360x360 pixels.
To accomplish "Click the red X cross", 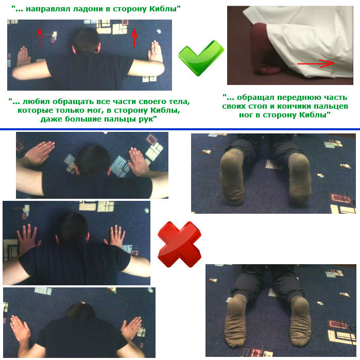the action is [179, 244].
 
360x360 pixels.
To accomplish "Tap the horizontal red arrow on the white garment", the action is [316, 63].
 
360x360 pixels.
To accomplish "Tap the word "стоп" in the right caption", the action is [264, 106].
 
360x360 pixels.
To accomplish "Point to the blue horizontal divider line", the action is [180, 129].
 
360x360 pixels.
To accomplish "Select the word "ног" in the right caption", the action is [246, 115].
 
